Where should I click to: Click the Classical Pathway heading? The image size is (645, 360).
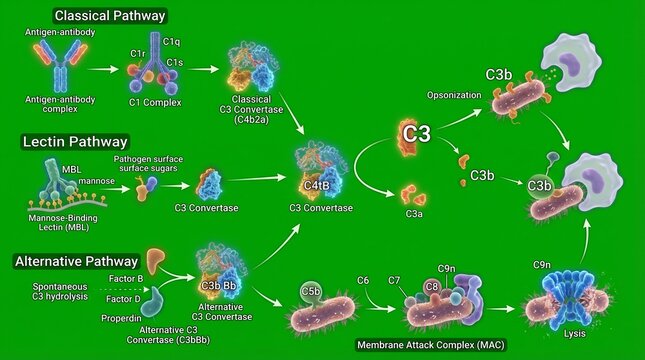pos(110,16)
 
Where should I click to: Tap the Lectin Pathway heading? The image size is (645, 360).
pos(75,142)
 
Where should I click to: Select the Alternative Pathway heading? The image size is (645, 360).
pos(76,261)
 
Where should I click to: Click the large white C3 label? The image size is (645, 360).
pos(416,131)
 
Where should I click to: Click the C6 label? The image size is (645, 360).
pos(363,279)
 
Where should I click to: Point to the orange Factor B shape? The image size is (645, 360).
pos(157,262)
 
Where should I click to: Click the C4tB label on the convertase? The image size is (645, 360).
pos(317,184)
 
